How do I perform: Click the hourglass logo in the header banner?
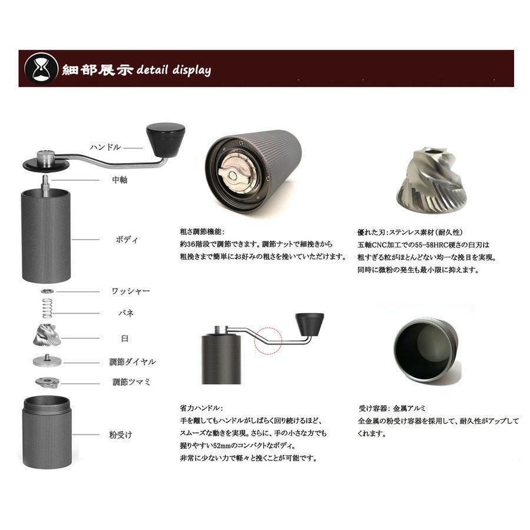(41, 69)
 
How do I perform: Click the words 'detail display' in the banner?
(174, 70)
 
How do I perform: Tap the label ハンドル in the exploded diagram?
(105, 147)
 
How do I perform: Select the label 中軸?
(120, 180)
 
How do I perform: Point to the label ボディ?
(127, 240)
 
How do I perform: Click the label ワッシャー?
(131, 291)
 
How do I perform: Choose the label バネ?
(126, 313)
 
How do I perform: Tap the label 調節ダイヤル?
(132, 362)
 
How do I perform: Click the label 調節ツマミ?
(131, 382)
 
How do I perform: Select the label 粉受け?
(120, 435)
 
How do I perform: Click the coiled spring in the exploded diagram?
(47, 308)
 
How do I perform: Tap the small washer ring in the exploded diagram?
(48, 291)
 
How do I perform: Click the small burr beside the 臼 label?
(47, 335)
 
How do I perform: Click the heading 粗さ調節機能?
(202, 231)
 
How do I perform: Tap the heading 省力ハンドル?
(201, 408)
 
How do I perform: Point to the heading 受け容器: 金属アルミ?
(392, 408)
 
